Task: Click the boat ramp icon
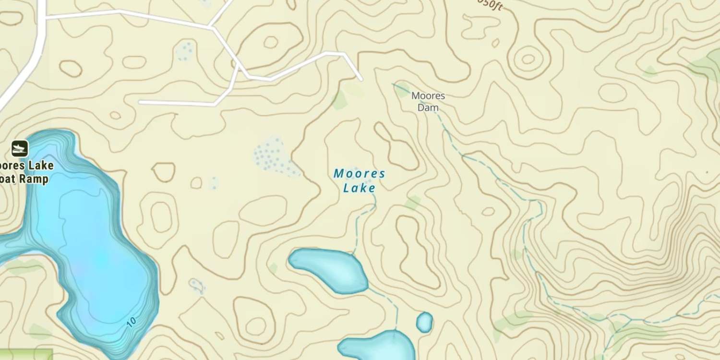[20, 148]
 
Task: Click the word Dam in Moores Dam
[428, 108]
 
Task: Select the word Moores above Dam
[428, 96]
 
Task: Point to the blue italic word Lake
[359, 188]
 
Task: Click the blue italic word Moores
[360, 173]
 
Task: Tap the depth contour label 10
[132, 322]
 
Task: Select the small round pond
[424, 322]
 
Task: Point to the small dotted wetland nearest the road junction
[185, 50]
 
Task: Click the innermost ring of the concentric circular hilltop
[528, 59]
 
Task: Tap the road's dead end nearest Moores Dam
[361, 79]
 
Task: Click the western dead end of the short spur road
[140, 102]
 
